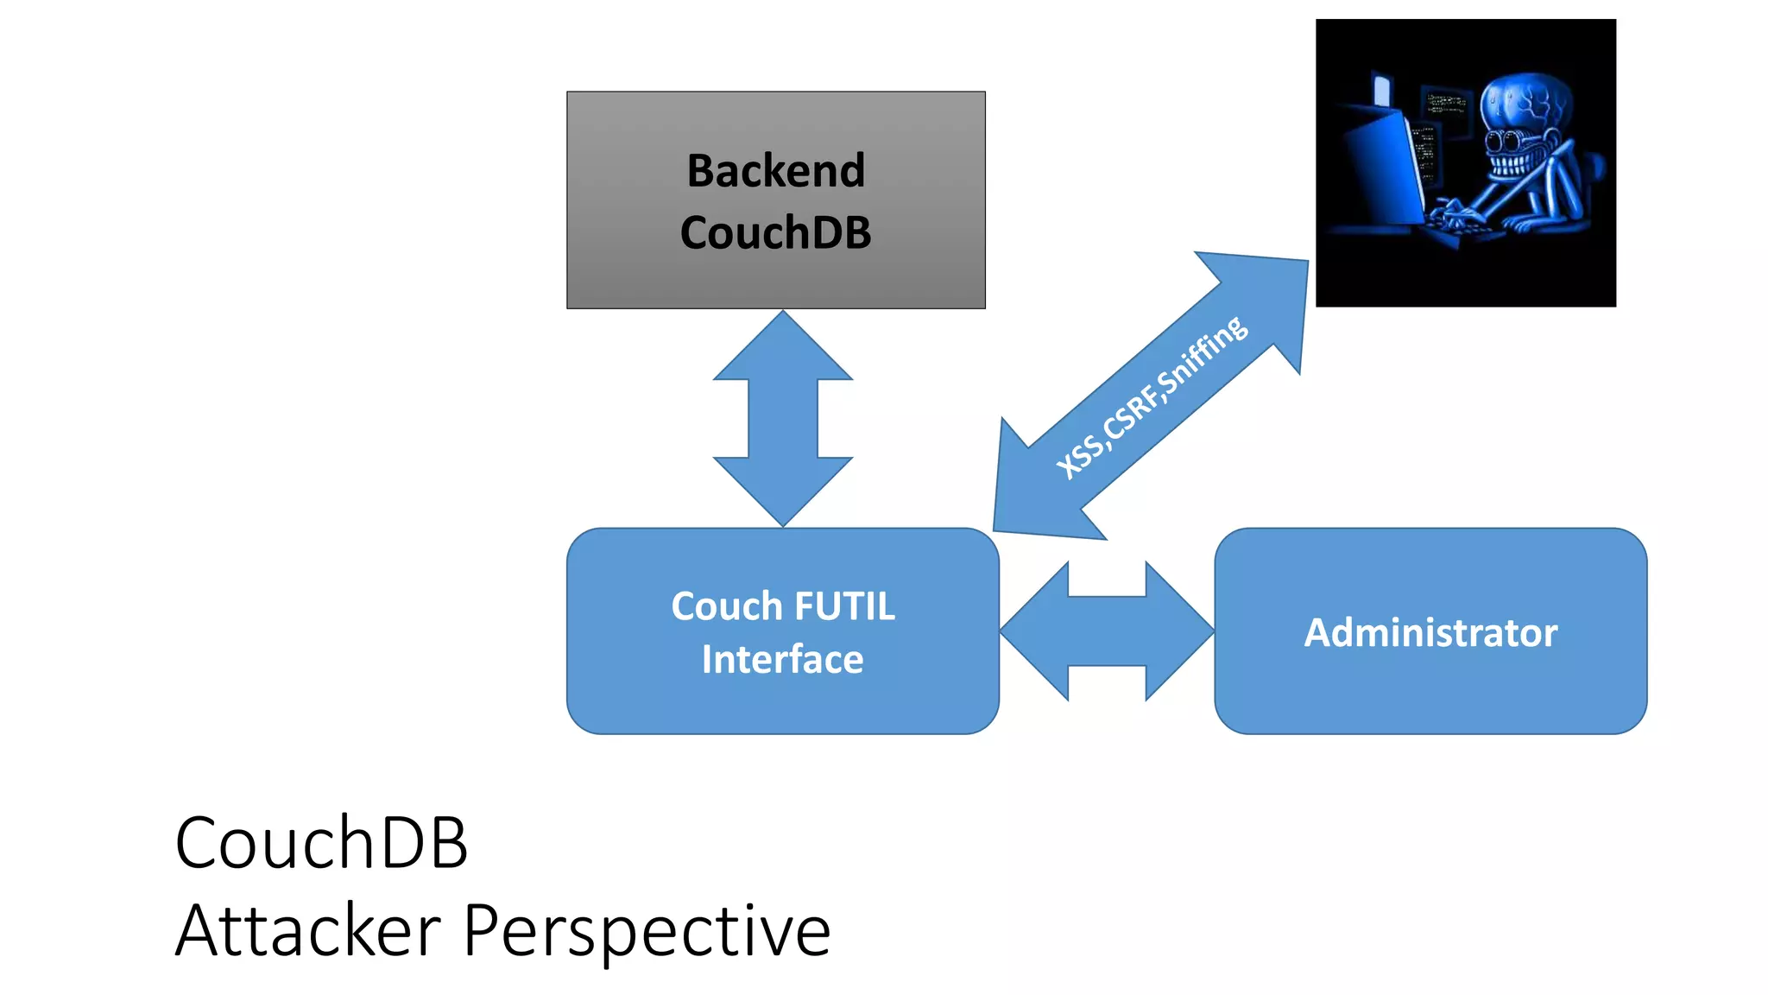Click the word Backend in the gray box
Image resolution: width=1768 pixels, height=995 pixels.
coord(775,170)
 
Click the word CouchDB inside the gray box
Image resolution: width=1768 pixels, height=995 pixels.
coord(775,232)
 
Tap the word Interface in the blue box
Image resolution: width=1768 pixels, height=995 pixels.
coord(782,660)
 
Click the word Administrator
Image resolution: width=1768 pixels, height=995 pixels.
coord(1430,632)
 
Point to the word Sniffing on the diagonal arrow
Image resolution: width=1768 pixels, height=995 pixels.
coord(1203,356)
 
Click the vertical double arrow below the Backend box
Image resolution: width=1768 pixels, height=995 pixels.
coord(782,419)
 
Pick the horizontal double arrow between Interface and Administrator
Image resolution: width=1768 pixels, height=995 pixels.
coord(1107,631)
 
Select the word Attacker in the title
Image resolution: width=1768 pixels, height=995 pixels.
coord(308,931)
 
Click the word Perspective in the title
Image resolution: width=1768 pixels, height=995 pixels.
coord(647,931)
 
